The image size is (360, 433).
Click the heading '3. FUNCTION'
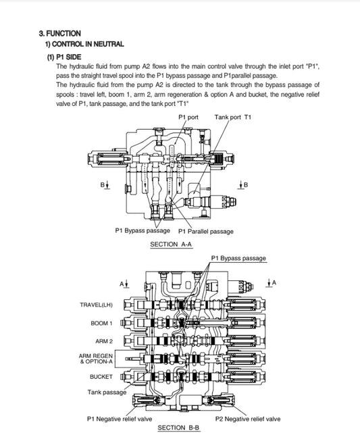60,34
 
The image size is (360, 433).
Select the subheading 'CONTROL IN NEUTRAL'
88,44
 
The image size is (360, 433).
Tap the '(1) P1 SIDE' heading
64,57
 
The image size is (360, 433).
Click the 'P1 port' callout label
188,117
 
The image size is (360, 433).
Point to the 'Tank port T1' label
233,117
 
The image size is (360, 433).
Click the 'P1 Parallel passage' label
206,232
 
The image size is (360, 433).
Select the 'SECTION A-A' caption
171,245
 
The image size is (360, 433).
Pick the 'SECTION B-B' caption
178,428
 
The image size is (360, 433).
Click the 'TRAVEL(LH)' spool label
97,305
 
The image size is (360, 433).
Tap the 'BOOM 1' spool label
101,323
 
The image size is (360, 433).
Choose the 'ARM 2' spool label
104,341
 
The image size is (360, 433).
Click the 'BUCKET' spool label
101,377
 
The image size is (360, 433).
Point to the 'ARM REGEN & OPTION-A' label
96,359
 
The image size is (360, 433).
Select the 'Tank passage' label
107,392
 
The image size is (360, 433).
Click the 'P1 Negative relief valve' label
120,419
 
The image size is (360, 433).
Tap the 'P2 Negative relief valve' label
248,419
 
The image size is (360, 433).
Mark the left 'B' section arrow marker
105,185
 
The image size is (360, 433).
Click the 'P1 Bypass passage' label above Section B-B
238,258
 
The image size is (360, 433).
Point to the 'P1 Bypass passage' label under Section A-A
143,230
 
